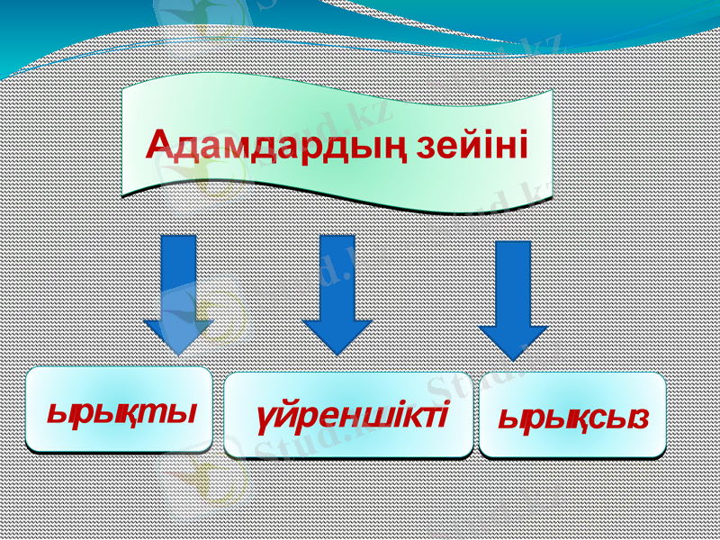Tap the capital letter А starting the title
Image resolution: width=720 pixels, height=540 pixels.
click(x=158, y=144)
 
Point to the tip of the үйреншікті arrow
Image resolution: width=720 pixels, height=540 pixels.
click(x=337, y=351)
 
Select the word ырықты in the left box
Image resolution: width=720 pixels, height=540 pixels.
click(x=121, y=413)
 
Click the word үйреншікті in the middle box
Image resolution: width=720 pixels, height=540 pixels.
click(x=352, y=416)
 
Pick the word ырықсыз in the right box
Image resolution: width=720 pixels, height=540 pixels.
click(x=573, y=418)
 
